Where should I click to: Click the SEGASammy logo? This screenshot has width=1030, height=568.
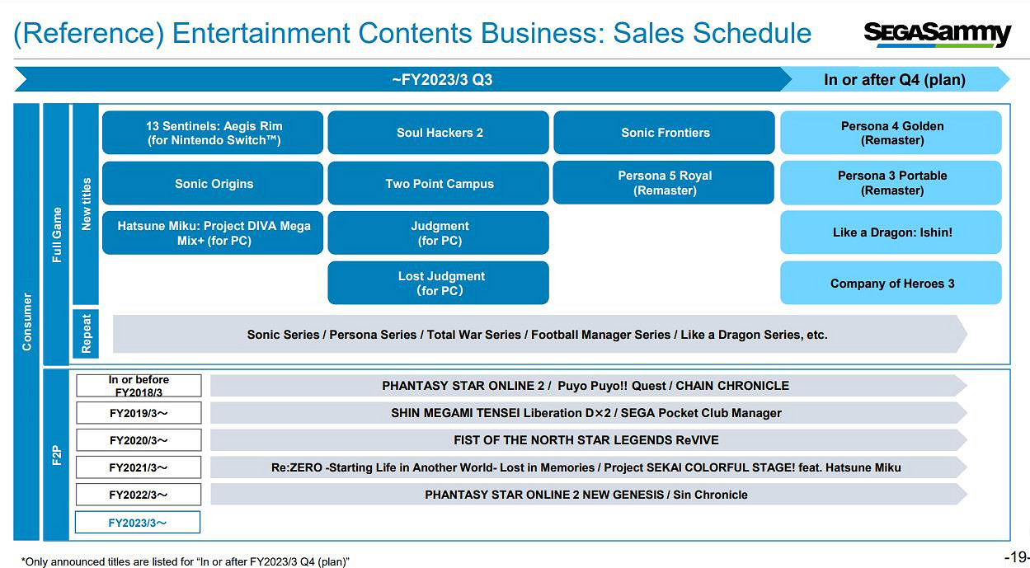point(937,34)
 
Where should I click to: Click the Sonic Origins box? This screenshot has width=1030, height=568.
point(213,183)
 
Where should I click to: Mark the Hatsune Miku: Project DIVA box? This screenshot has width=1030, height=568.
point(213,232)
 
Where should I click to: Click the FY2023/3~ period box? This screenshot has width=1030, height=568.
point(138,522)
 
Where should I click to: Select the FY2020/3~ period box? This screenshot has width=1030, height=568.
point(139,439)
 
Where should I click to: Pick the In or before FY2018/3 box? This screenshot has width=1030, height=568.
point(139,385)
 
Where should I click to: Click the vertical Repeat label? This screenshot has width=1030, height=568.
point(86,334)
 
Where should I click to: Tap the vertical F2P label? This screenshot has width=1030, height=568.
point(57,455)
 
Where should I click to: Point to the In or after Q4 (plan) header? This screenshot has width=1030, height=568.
point(895,79)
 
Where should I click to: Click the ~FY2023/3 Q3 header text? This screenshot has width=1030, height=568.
point(442,79)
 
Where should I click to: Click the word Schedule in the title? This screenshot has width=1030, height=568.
point(752,33)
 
